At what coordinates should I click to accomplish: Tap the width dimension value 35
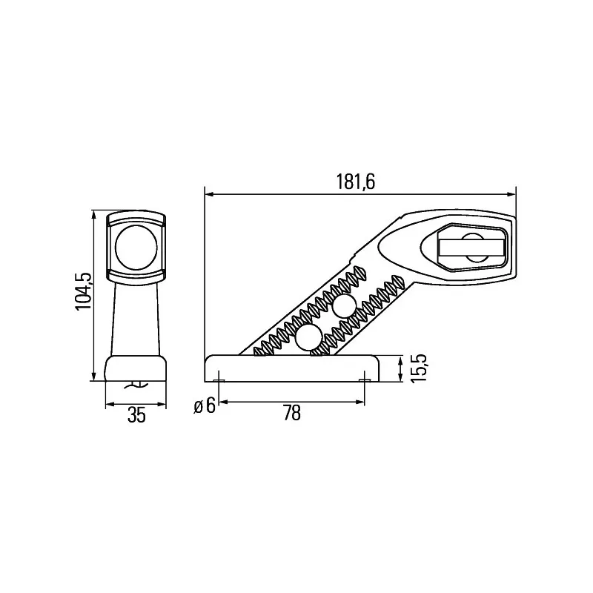136,415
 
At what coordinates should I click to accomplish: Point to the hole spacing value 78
292,414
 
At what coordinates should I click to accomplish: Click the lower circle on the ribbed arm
308,339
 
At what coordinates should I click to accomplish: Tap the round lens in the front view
135,246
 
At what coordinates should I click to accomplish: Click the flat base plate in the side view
292,368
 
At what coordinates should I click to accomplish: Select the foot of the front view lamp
135,368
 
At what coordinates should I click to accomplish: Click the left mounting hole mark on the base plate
219,381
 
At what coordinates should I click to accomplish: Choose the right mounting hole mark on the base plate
364,381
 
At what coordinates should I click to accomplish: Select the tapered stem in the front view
135,319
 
